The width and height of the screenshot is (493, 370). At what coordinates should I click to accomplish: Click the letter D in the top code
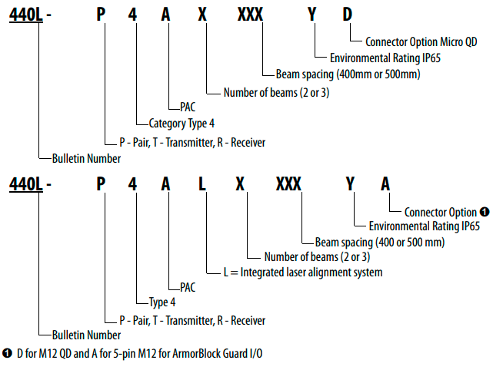347,15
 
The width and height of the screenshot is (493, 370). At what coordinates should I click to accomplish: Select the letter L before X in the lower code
202,184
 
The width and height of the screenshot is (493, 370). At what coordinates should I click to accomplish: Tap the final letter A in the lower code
385,184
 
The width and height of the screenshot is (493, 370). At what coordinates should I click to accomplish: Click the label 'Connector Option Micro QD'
421,41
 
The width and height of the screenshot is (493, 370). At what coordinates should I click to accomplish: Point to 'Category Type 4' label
182,124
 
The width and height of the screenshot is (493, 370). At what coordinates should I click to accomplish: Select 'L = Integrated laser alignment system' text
303,272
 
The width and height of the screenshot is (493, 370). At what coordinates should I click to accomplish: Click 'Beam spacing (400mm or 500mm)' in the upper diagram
348,74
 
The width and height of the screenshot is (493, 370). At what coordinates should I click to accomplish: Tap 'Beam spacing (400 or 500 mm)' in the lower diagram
380,243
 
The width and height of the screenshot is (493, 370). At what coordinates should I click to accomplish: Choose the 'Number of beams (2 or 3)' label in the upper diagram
276,93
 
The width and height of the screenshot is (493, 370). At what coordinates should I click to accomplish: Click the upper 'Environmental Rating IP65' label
385,58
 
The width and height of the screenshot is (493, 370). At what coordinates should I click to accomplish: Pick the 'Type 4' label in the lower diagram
162,302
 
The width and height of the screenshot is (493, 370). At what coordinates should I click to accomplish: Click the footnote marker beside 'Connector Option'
485,212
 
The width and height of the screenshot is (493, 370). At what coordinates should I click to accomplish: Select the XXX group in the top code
250,15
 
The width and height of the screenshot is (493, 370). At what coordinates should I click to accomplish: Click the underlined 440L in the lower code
25,184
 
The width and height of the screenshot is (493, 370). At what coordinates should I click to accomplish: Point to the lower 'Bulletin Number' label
86,335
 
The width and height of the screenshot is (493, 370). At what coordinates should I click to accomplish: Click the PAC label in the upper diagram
188,107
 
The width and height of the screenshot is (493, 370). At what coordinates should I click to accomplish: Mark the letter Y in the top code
312,15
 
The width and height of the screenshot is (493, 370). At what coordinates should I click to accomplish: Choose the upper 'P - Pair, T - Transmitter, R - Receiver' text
192,143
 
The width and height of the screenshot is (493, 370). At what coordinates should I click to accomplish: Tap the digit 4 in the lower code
132,184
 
